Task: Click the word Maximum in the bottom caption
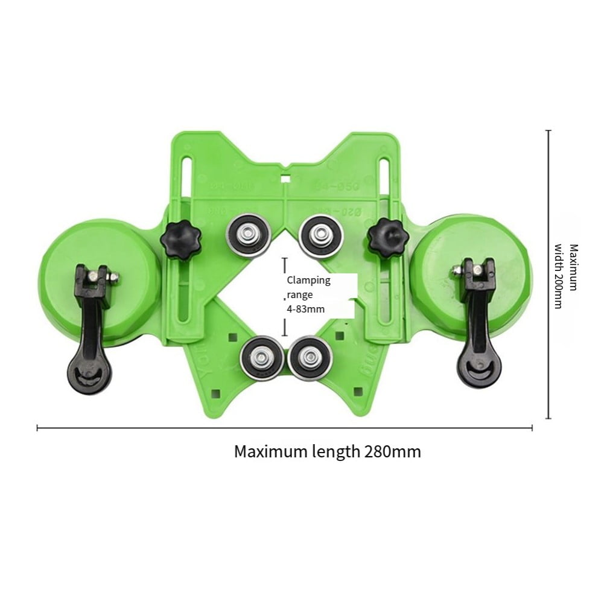click(x=266, y=451)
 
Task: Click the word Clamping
click(x=308, y=281)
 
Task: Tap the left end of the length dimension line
click(x=37, y=428)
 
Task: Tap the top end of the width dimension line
click(x=548, y=130)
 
